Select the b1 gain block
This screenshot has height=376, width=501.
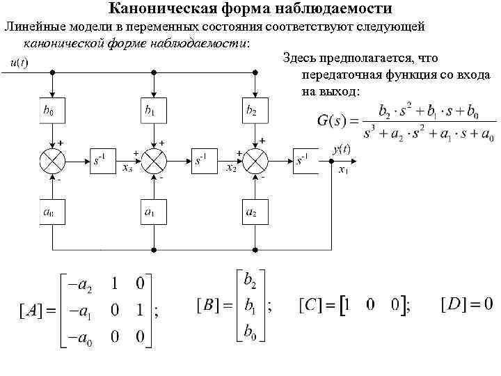[152, 111]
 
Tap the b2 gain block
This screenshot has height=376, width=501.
[254, 111]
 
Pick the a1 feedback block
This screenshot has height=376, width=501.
[152, 212]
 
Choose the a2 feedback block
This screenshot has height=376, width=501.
[254, 212]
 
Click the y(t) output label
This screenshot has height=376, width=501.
[342, 149]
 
